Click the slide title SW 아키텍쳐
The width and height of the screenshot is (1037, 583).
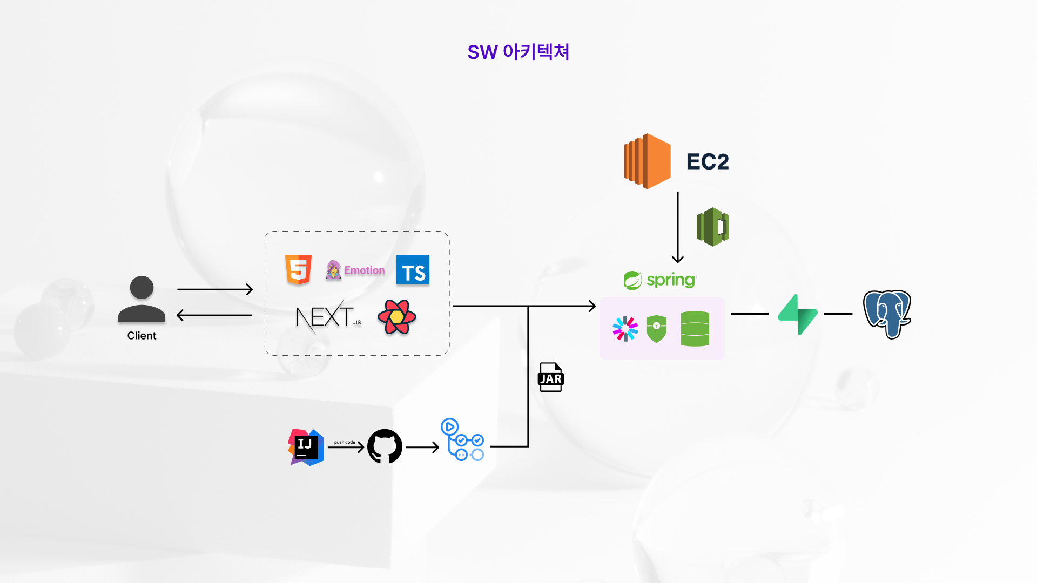518,52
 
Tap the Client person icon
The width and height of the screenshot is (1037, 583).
142,300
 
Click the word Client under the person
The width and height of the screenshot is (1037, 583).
142,336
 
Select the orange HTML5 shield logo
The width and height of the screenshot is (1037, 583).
298,269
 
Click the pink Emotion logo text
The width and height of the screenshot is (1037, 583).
364,270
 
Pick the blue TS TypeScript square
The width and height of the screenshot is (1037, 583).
413,270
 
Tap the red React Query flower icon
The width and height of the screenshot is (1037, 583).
397,317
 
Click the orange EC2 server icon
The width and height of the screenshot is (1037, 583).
647,161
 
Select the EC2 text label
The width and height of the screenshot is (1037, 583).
708,161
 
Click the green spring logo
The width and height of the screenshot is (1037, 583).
660,280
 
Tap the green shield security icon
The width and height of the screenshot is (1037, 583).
656,328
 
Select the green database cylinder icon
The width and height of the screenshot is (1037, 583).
695,328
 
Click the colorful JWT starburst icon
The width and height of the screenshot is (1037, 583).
625,328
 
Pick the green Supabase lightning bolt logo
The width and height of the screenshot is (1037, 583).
798,314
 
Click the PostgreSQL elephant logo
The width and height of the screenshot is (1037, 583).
887,314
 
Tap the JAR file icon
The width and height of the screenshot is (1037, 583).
550,377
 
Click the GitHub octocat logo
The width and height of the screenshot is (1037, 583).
385,446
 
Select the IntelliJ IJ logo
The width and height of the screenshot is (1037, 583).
306,447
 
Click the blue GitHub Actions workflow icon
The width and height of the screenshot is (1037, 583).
462,440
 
